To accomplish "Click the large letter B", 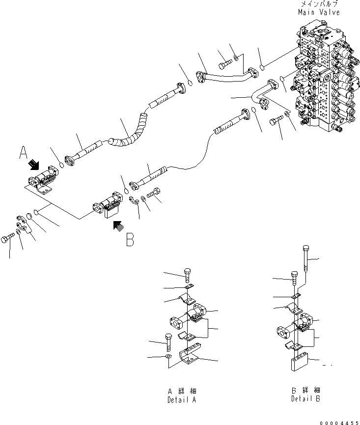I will point(129,239).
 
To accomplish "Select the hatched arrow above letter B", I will point(117,226).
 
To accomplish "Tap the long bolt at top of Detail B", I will point(305,258).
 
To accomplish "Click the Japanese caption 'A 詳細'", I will point(181,391).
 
